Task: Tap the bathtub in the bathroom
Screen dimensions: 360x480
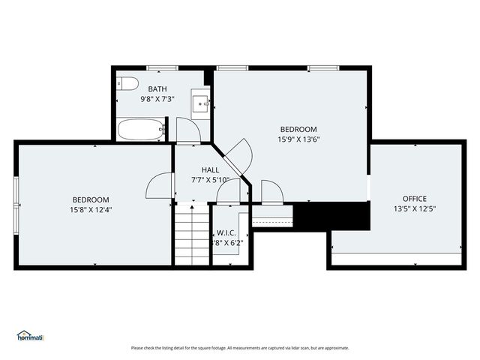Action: coord(141,130)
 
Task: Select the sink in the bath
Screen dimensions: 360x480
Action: coord(200,103)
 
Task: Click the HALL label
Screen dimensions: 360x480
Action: coord(210,170)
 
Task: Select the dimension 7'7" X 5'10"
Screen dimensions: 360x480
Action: coord(210,180)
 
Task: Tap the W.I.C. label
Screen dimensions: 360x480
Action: coord(226,233)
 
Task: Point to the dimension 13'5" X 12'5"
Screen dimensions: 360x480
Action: coord(414,208)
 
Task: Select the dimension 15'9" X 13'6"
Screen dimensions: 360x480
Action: coord(298,139)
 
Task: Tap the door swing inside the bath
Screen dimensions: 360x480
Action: coord(187,130)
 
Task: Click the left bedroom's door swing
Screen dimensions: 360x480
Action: coord(160,186)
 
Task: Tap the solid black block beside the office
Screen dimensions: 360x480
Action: coord(331,217)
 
